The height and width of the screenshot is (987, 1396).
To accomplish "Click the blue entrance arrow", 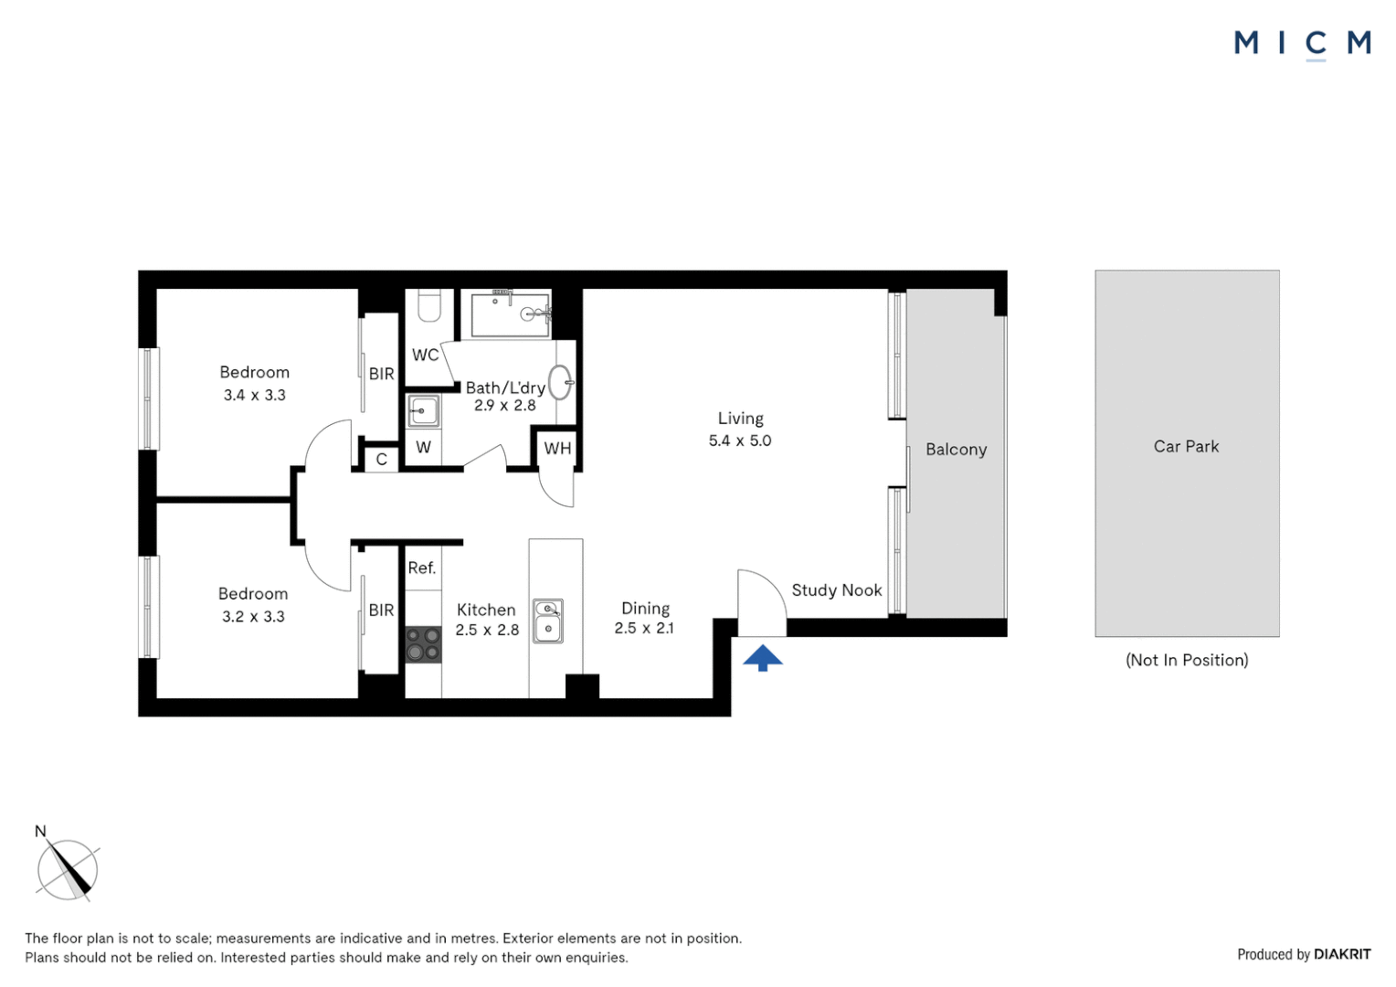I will pyautogui.click(x=762, y=658).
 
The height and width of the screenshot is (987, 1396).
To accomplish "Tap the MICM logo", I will pyautogui.click(x=1302, y=43).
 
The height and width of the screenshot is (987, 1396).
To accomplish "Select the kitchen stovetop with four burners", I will pyautogui.click(x=423, y=643).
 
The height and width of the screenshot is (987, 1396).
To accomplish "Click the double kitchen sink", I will pyautogui.click(x=548, y=621).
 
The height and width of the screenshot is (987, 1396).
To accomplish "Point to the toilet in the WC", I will pyautogui.click(x=429, y=305).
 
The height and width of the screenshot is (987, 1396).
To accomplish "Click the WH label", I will pyautogui.click(x=557, y=448).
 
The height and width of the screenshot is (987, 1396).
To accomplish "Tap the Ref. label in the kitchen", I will pyautogui.click(x=421, y=568).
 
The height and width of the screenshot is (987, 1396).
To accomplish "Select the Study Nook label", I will pyautogui.click(x=836, y=590).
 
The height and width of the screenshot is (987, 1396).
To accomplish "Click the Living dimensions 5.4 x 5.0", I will pyautogui.click(x=740, y=440).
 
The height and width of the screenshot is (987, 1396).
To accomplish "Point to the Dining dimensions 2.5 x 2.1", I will pyautogui.click(x=644, y=628).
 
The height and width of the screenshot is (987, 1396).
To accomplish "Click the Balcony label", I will pyautogui.click(x=956, y=450).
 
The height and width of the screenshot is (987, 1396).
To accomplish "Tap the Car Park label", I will pyautogui.click(x=1186, y=447).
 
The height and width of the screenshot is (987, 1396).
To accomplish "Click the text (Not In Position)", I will pyautogui.click(x=1187, y=660).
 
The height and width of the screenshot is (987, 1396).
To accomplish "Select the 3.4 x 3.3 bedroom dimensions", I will pyautogui.click(x=255, y=395).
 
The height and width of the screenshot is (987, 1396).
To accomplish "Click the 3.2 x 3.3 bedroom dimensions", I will pyautogui.click(x=253, y=617).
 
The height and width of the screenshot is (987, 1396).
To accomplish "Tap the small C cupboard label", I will pyautogui.click(x=381, y=460).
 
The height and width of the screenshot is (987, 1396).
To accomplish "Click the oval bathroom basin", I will pyautogui.click(x=560, y=382).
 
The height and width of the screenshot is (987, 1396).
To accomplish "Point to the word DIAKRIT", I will pyautogui.click(x=1342, y=954).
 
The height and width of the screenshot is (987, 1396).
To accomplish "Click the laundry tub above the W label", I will pyautogui.click(x=423, y=411).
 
